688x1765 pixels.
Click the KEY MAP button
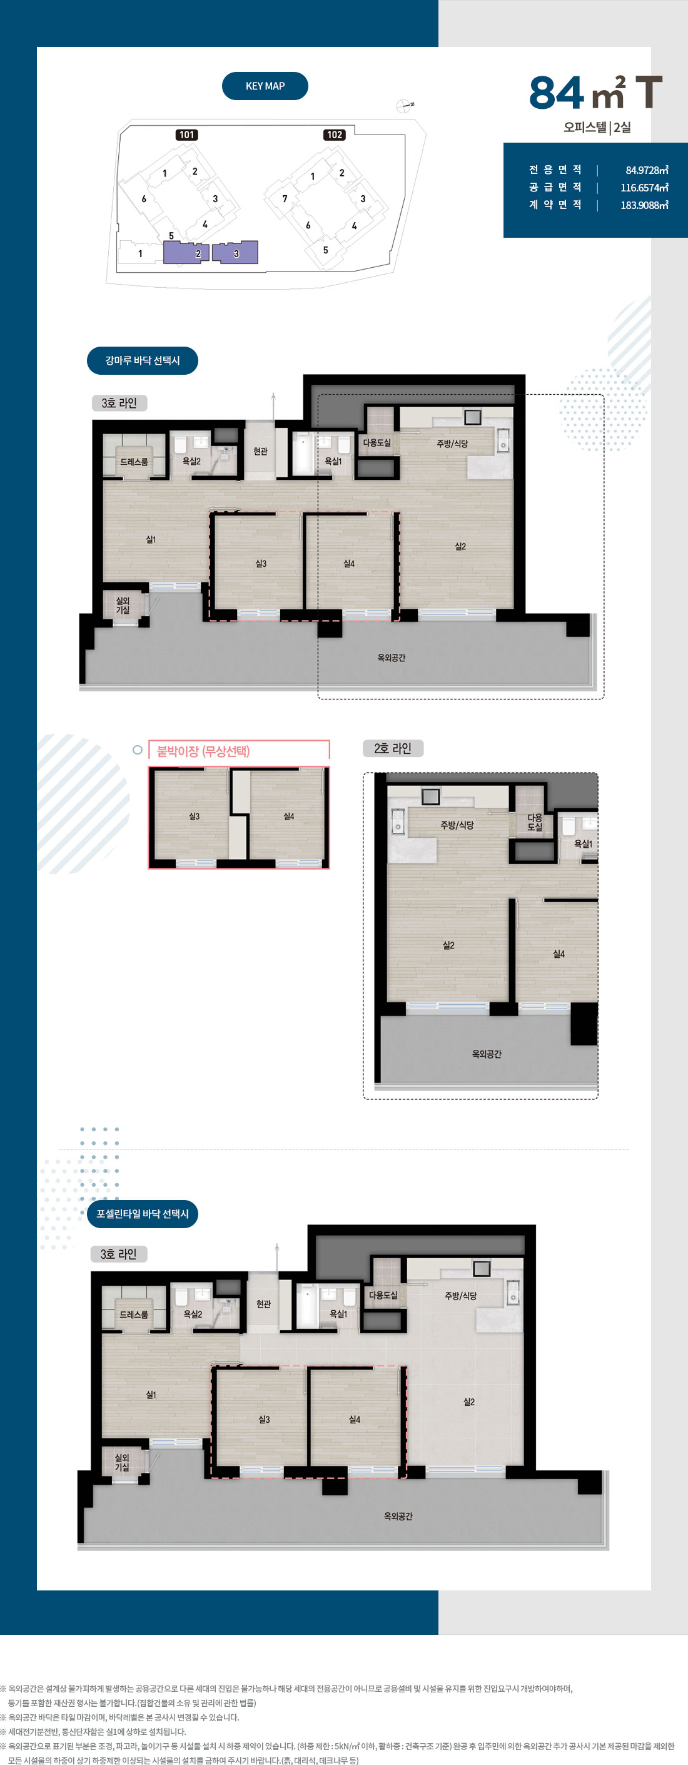(x=265, y=86)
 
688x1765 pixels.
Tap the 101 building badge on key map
(x=186, y=135)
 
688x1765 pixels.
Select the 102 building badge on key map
(x=335, y=135)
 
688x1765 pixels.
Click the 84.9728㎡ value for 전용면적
(x=647, y=170)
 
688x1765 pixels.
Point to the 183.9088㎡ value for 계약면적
(x=644, y=205)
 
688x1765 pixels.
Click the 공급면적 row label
(x=555, y=187)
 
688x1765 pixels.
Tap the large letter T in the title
(x=648, y=93)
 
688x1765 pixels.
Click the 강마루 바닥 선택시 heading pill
(x=143, y=360)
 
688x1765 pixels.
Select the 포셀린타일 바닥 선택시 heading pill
(x=143, y=1213)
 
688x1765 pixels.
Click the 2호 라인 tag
(x=393, y=748)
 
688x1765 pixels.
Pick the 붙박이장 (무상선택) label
(x=203, y=751)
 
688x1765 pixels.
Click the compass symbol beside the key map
(x=404, y=106)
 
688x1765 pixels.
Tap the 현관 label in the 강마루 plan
(x=260, y=451)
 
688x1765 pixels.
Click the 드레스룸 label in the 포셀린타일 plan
(x=134, y=1314)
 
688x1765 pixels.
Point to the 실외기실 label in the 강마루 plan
(x=123, y=605)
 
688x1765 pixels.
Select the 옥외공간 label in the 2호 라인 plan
(x=487, y=1054)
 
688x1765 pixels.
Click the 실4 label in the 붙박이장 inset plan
(x=288, y=816)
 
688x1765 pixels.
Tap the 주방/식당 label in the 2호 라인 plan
(x=457, y=825)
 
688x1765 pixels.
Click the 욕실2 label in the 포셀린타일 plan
(x=193, y=1314)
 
